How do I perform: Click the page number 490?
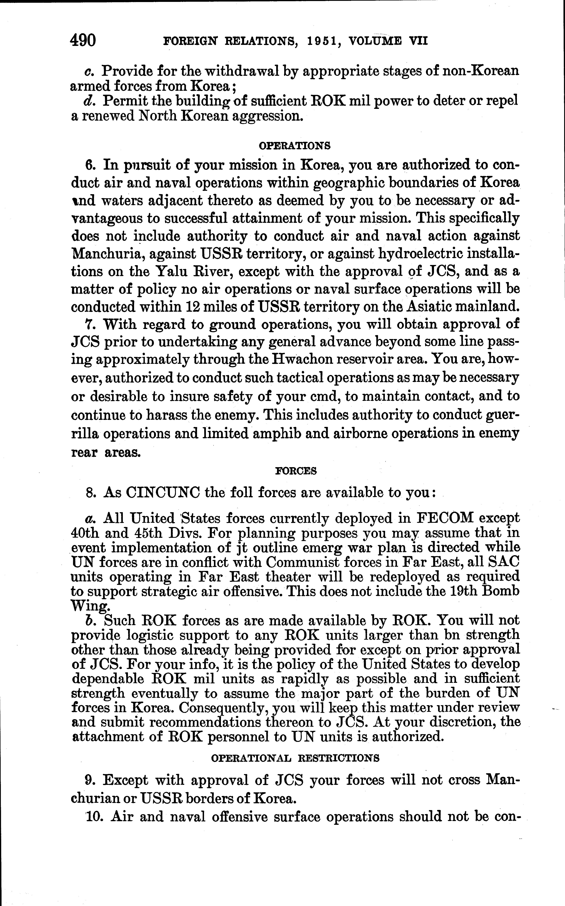83,40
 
